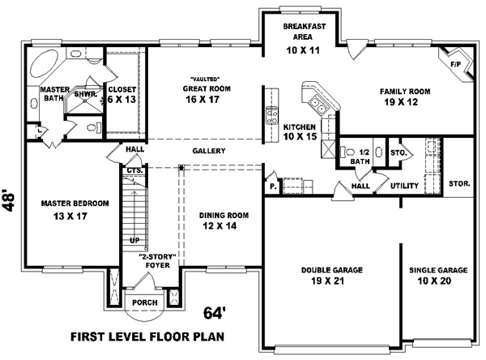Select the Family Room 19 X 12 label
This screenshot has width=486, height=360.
coord(404,98)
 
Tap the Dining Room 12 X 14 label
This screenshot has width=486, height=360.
coord(221,221)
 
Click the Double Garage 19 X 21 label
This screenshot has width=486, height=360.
coord(332,275)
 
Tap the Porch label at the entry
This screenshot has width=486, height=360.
coord(145,303)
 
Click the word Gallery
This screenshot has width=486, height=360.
coord(208,151)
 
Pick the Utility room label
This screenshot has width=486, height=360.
coord(404,186)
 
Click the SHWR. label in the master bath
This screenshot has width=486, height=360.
coord(86,93)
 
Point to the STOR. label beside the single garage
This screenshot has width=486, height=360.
coord(459,184)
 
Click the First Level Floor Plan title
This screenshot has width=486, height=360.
coord(147,336)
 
